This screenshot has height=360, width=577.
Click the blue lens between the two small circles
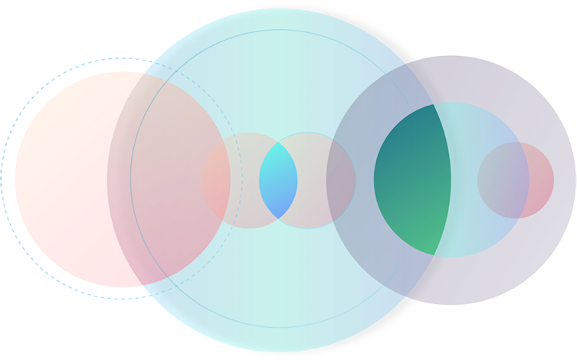[x=277, y=181]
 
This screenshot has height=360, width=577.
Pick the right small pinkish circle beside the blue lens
[x=326, y=181]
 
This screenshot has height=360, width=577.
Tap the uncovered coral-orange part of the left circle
[x=61, y=176]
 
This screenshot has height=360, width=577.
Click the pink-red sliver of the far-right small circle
[x=542, y=181]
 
